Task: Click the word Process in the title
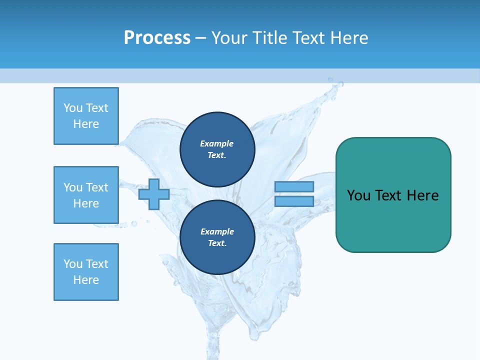(x=157, y=38)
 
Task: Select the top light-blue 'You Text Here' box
(x=86, y=116)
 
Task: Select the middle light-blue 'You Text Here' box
(x=86, y=195)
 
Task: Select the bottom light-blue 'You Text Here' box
(x=86, y=272)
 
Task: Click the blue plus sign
(x=154, y=194)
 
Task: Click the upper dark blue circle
(x=217, y=149)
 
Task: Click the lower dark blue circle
(x=217, y=237)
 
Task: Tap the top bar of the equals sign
(x=294, y=186)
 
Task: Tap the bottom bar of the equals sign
(x=294, y=201)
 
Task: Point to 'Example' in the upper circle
(x=216, y=143)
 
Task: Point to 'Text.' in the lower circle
(x=217, y=243)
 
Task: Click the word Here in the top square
(x=86, y=124)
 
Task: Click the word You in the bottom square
(x=72, y=264)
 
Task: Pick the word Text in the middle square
(x=96, y=187)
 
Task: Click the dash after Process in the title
(x=201, y=38)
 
